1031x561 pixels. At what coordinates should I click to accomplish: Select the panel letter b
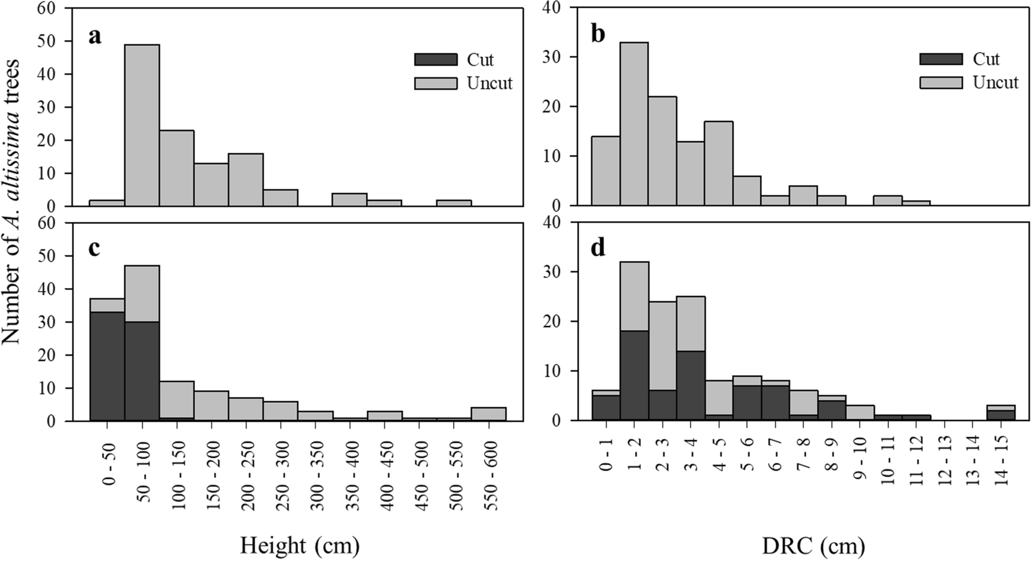coord(598,34)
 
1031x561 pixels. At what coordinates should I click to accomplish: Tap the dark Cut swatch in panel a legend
coord(435,60)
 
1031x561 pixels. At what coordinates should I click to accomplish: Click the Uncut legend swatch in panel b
coord(941,82)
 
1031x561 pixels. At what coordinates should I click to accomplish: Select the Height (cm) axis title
coord(300,546)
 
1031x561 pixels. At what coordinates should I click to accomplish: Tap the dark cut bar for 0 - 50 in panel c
coord(107,366)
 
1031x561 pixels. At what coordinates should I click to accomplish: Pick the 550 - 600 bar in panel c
coord(489,414)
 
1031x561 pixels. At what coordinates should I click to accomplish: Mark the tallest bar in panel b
coord(634,123)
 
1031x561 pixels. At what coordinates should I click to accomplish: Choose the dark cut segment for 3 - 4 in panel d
coord(690,385)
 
